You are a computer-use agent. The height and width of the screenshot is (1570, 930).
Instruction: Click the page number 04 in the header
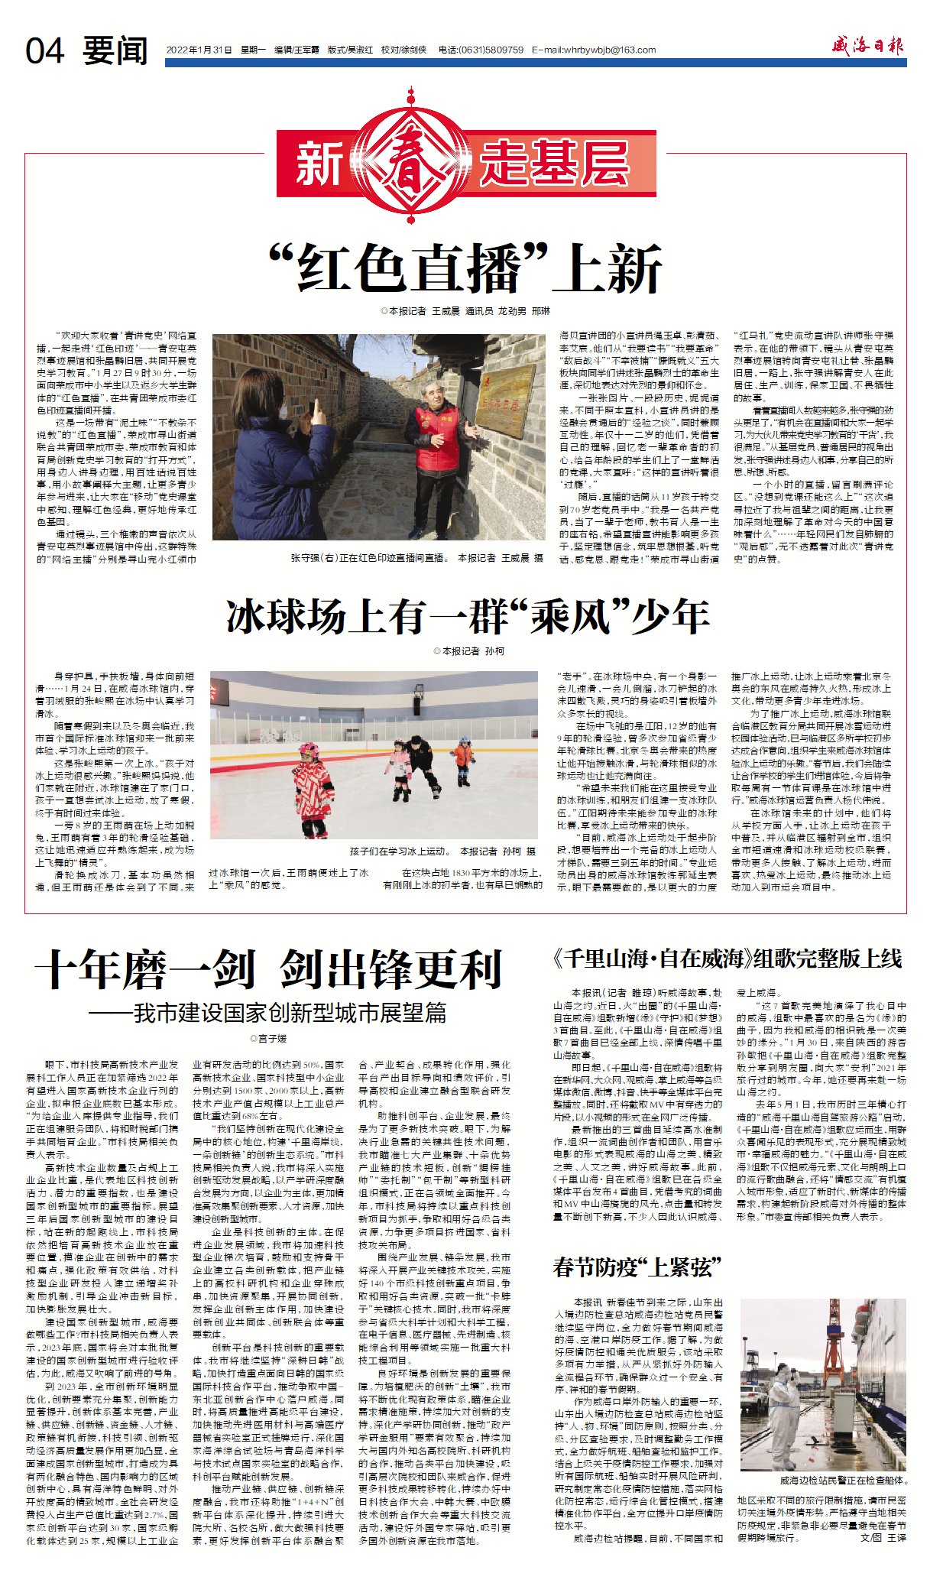44,51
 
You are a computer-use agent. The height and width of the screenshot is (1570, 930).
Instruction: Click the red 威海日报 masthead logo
867,47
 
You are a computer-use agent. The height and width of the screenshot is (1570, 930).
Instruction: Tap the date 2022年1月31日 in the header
199,50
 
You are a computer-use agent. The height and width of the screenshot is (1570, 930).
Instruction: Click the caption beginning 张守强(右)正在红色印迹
416,559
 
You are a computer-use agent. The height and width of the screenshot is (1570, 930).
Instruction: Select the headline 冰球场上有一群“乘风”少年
468,616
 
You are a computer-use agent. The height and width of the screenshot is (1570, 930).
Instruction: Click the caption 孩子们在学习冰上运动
443,851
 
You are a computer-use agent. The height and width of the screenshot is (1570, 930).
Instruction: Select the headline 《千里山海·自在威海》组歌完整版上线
727,959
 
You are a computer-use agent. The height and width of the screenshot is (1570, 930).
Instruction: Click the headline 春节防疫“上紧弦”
637,1267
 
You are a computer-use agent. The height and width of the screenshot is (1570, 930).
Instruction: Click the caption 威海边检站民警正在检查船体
843,1481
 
